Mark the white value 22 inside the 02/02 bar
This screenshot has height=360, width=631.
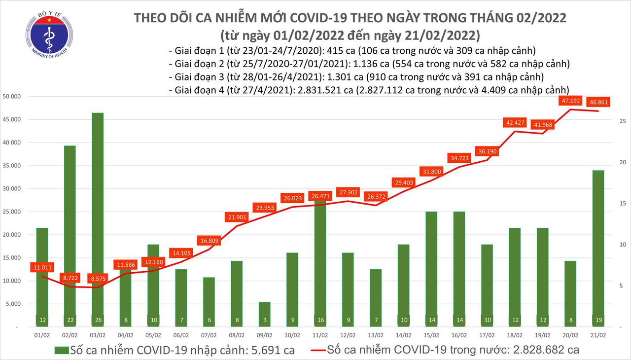[x=70, y=320]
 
